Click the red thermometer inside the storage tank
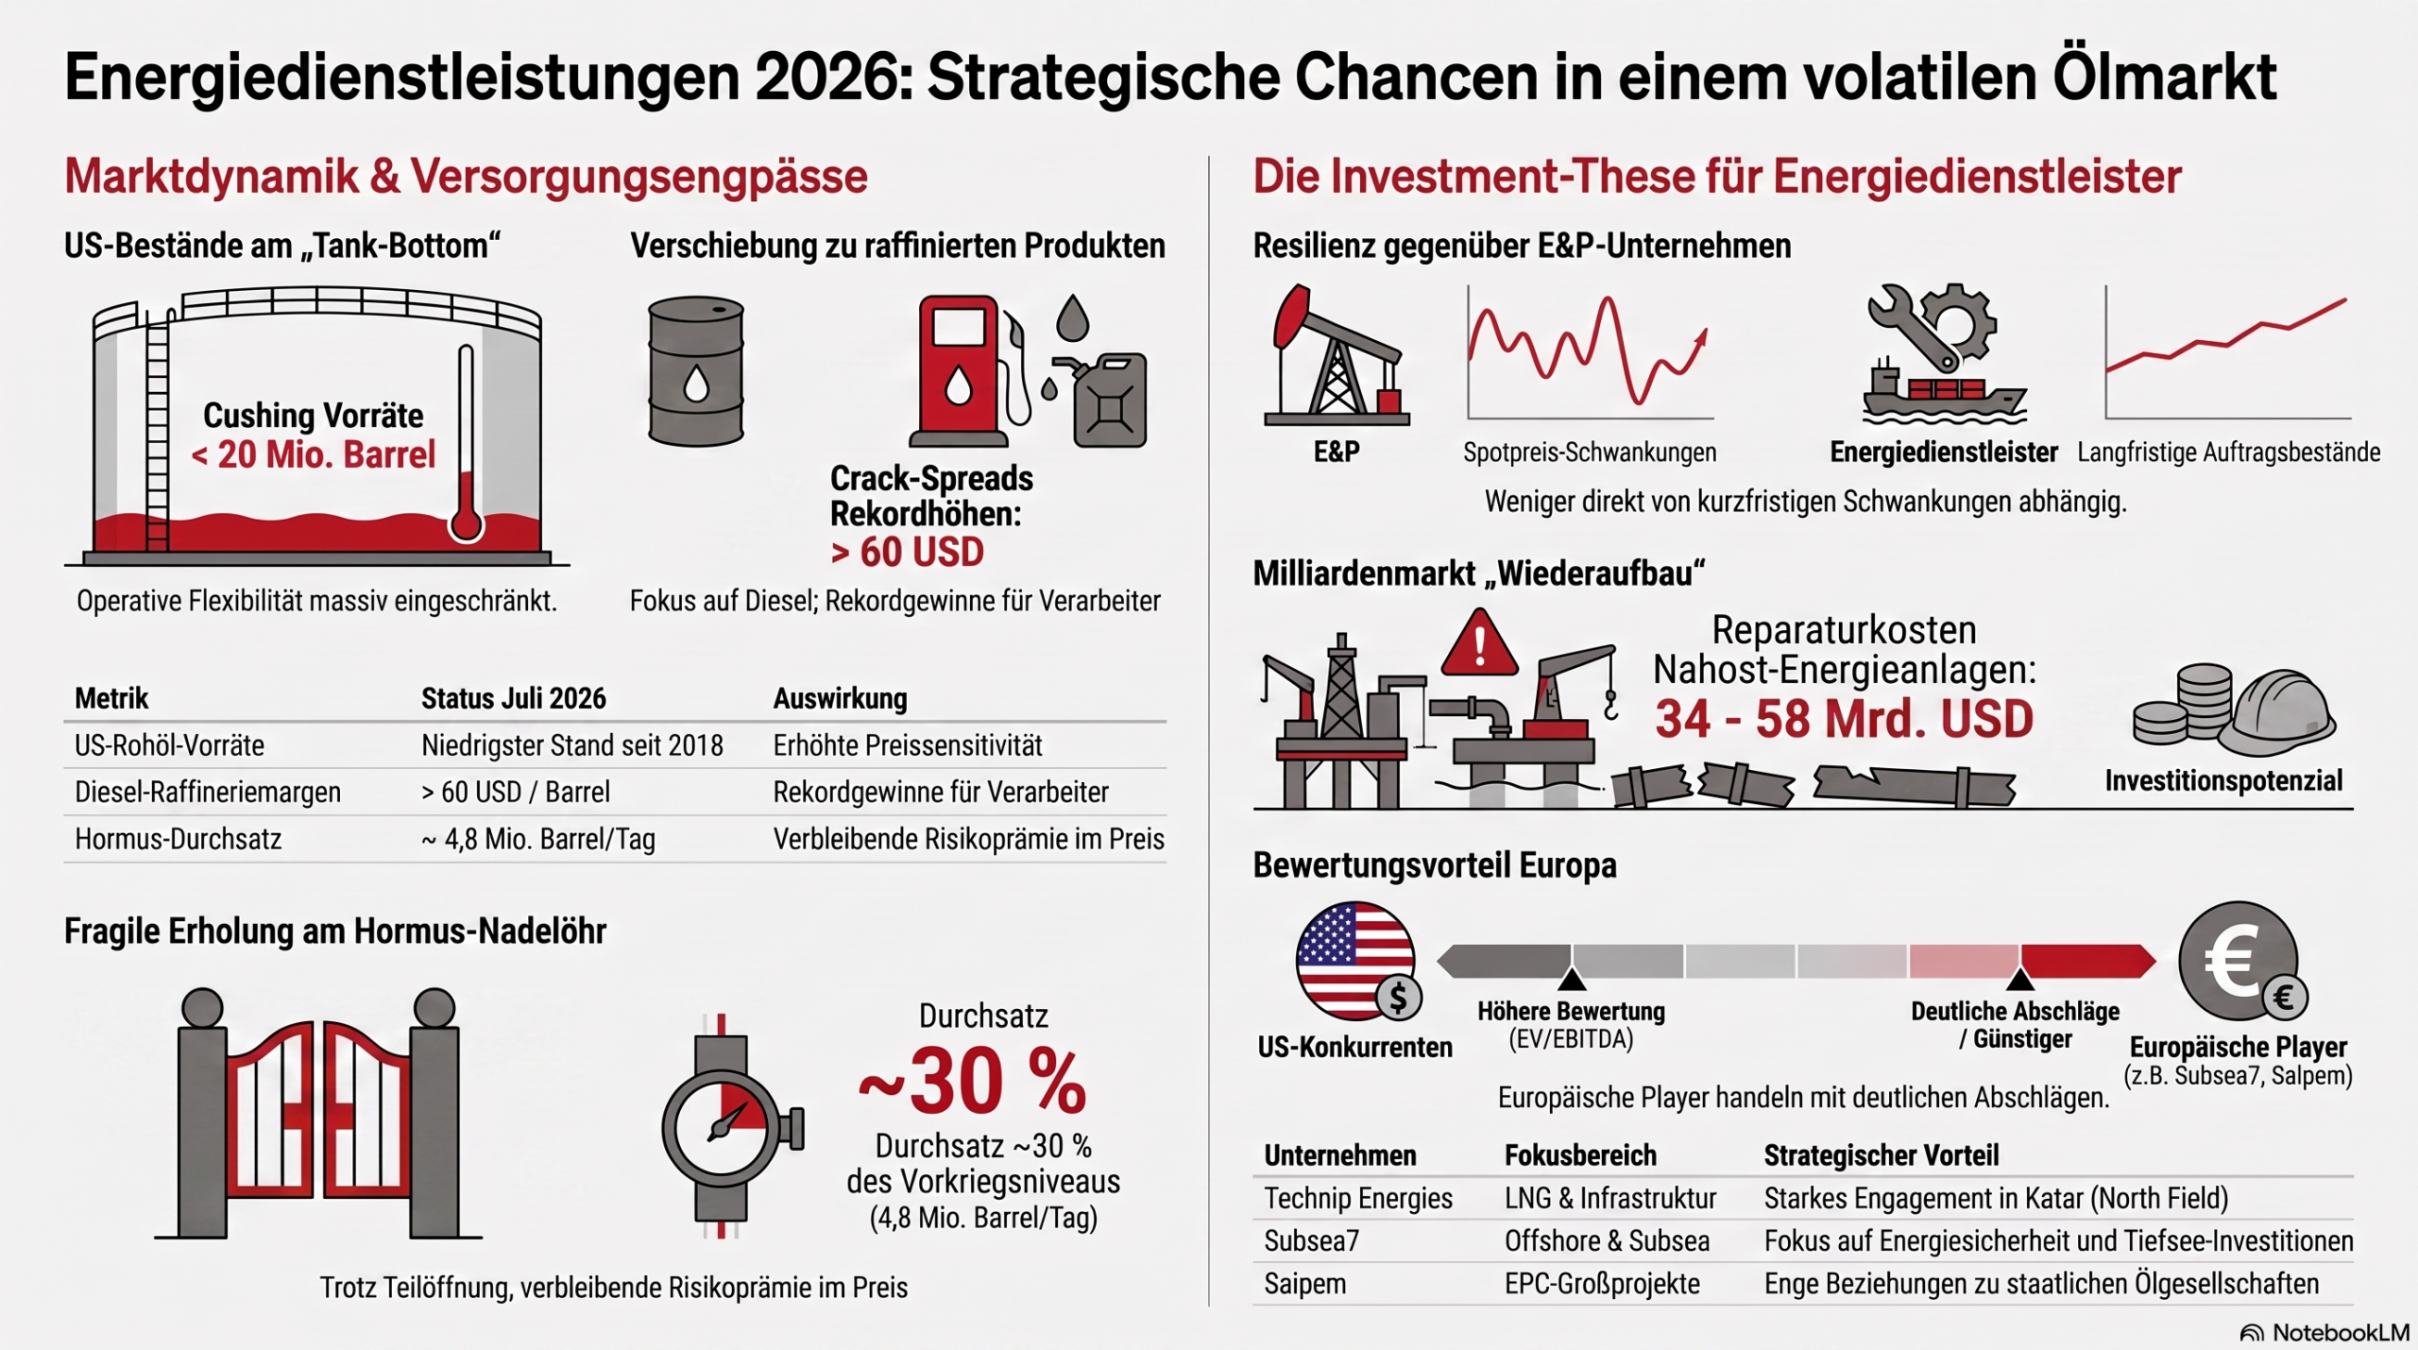click(x=466, y=444)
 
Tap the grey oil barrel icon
click(x=696, y=370)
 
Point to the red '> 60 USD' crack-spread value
click(x=907, y=553)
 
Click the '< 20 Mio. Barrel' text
click(x=314, y=454)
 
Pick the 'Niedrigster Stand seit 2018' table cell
click(x=572, y=745)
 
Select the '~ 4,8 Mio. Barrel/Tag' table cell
click(x=538, y=839)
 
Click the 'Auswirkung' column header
click(x=840, y=698)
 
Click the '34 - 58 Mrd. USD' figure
click(x=1844, y=719)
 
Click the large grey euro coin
click(x=2239, y=961)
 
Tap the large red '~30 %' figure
click(x=973, y=1082)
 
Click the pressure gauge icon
click(x=727, y=1126)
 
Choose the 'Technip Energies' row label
click(x=1358, y=1198)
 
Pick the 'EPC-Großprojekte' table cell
click(x=1602, y=1284)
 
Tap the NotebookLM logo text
click(x=2341, y=1332)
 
